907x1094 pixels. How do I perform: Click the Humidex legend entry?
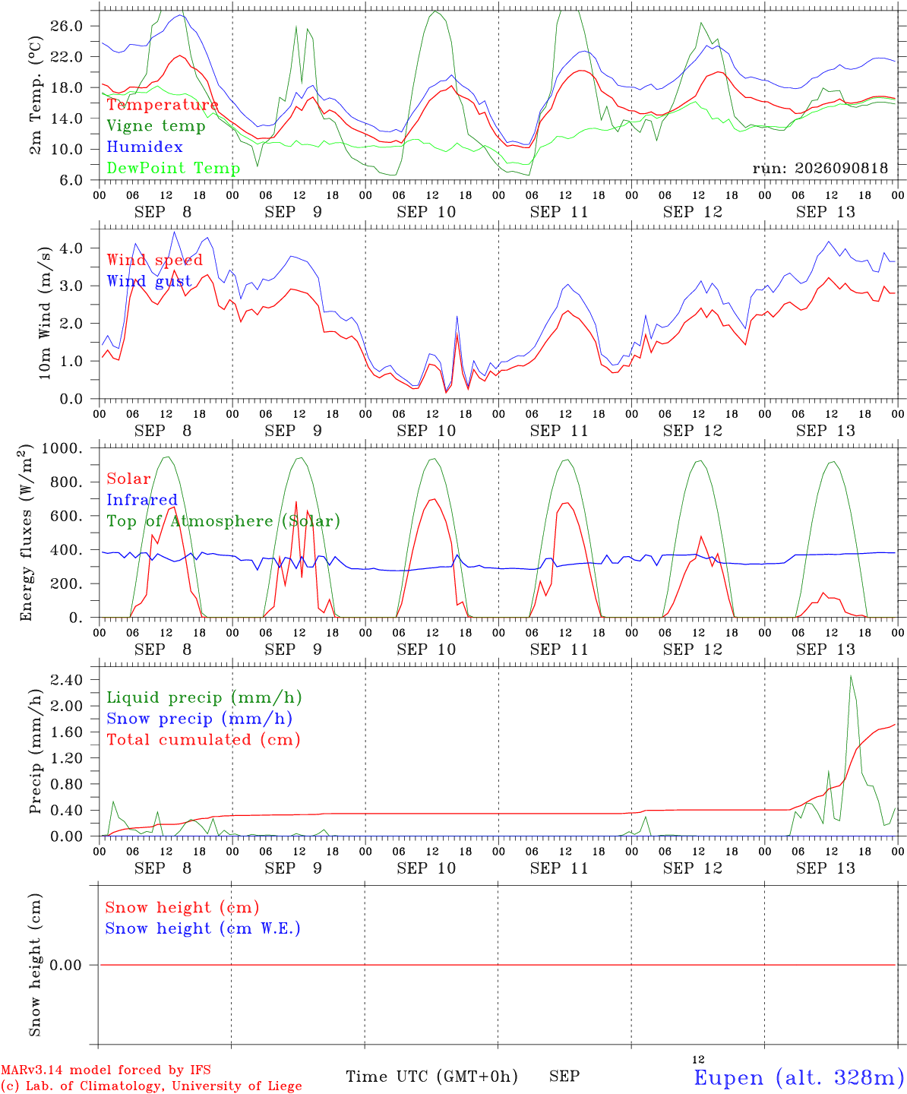click(x=144, y=147)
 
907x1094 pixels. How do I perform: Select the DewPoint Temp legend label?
click(x=173, y=168)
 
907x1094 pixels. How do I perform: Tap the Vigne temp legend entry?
click(x=156, y=126)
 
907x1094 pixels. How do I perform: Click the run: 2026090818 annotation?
click(x=820, y=168)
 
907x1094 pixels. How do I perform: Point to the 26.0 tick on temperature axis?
click(x=67, y=26)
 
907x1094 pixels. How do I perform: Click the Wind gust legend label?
click(x=150, y=281)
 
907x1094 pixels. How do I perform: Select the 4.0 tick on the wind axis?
click(x=71, y=248)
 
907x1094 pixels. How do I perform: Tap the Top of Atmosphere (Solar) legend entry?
click(x=224, y=521)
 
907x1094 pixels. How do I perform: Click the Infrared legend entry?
click(x=142, y=500)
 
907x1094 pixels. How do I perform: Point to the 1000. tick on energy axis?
click(x=62, y=448)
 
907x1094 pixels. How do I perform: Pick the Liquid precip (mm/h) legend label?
click(x=204, y=698)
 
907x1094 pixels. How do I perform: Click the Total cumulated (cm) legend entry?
click(x=204, y=740)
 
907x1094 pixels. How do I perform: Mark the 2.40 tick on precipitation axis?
click(x=67, y=680)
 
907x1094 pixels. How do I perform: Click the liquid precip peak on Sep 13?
click(x=851, y=676)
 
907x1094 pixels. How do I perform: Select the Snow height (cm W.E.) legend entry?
click(x=203, y=928)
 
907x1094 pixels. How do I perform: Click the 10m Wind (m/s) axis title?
click(x=45, y=313)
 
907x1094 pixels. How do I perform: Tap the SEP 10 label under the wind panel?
click(x=426, y=431)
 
